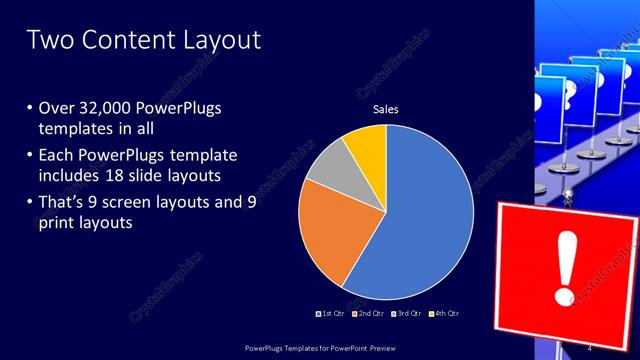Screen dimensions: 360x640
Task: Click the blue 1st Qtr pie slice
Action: pyautogui.click(x=420, y=220)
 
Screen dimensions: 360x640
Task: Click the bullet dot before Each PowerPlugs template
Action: pyautogui.click(x=30, y=155)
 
